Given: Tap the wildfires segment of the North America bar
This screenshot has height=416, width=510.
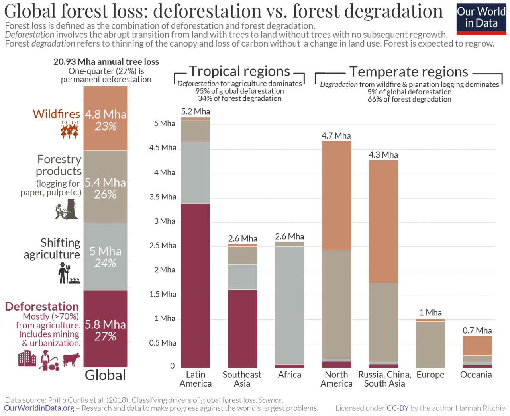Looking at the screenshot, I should pos(336,195).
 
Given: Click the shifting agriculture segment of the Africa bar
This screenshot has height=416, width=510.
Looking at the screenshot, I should pos(290,305).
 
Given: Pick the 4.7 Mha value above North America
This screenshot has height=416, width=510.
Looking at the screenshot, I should pos(336,136).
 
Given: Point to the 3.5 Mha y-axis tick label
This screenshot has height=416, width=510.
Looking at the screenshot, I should pos(163,197).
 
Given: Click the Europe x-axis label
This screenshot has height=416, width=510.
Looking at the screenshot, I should pos(430,375).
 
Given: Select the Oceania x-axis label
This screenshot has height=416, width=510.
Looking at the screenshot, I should pos(476,375).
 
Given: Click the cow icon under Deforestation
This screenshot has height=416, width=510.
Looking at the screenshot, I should pos(71,359).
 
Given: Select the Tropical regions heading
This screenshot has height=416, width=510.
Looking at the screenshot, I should pos(239,71).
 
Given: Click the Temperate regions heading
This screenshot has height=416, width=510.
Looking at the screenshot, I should pos(409,72).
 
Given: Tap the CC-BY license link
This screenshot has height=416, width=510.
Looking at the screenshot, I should pos(398,408).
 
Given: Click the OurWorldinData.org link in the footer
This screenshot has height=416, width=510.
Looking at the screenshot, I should pos(39,408).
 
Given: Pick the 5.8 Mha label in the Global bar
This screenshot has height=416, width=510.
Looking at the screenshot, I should pos(105,325).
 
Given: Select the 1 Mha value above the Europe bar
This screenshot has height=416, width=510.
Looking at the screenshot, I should pos(430,312).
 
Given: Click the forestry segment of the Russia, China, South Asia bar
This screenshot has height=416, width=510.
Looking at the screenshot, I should pos(383,322).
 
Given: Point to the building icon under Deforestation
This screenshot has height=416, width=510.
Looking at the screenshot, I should pos(27,358).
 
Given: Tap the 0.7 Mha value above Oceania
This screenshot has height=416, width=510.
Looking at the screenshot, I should pos(477,330).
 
